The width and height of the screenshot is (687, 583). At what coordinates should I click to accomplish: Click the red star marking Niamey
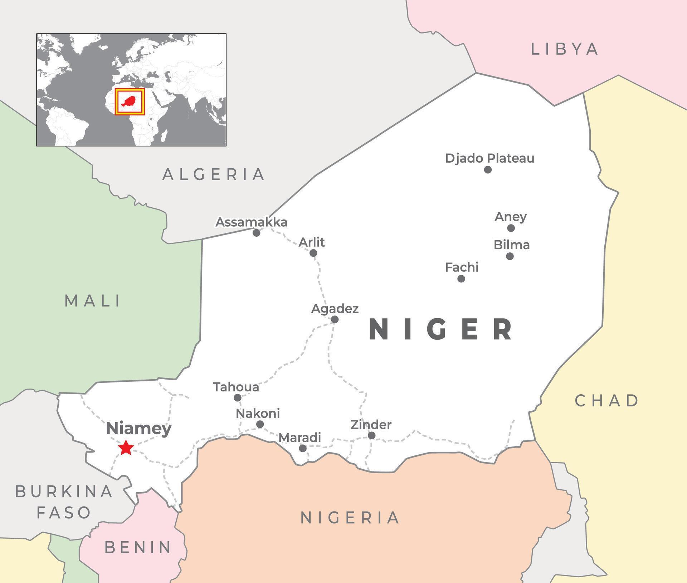pos(126,448)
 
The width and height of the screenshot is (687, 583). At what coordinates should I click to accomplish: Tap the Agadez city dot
pos(335,319)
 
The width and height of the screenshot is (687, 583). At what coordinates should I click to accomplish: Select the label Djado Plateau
pos(489,158)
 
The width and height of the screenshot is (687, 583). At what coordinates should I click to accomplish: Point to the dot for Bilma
pos(510,256)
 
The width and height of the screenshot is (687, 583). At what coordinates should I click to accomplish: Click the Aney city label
pos(511,217)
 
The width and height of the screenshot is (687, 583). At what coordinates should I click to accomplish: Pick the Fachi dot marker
pos(461,278)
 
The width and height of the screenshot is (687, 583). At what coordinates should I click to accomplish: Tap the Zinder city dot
pos(371,435)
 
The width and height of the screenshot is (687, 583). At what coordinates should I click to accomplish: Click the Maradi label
pos(299,437)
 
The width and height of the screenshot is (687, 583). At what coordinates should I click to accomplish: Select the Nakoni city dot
pos(260,424)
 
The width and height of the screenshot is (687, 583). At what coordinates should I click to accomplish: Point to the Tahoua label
pos(236,387)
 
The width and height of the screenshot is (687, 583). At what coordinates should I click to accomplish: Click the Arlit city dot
pos(313,253)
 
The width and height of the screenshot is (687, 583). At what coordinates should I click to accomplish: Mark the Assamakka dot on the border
pos(256,233)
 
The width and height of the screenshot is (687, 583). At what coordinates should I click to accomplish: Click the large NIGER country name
pos(441,329)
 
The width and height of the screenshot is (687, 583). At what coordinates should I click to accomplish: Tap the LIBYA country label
pos(565,49)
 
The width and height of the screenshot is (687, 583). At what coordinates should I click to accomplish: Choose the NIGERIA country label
pos(350,518)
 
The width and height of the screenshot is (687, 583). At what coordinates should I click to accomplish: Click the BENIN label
pos(138,547)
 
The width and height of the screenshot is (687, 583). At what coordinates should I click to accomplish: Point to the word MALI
pos(93,301)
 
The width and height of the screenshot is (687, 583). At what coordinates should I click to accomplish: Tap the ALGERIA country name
pos(214,174)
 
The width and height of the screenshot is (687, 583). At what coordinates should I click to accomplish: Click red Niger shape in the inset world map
pos(129,101)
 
